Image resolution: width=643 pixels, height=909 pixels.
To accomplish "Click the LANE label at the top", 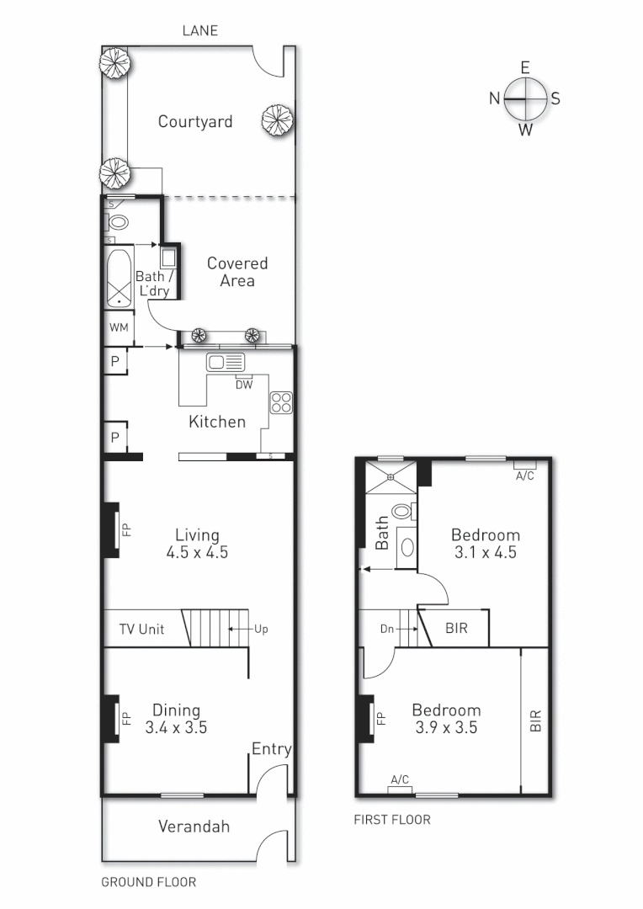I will (199, 31).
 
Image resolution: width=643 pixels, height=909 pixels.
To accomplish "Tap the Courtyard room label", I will (195, 122).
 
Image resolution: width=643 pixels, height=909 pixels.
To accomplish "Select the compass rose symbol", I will (525, 98).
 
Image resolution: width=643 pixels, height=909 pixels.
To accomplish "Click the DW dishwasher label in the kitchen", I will (244, 385).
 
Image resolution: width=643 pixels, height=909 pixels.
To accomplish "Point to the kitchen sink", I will (226, 363).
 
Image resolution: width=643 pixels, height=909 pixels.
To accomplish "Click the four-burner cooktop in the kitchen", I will (280, 403).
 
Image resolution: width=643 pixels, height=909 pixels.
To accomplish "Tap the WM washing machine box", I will (119, 327).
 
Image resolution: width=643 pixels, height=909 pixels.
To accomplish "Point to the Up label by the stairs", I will (260, 629).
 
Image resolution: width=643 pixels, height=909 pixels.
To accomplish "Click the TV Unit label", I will (141, 630).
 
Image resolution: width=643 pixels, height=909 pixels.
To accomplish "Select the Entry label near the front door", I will (271, 749).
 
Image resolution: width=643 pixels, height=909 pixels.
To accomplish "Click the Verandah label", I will (194, 827).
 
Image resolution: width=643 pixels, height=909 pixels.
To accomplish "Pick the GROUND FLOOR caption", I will (148, 882).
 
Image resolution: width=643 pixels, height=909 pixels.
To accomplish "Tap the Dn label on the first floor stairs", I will (388, 628).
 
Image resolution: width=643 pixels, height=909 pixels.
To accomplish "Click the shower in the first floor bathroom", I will (391, 477).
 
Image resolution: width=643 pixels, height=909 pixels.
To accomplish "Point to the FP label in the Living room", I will (127, 530).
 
